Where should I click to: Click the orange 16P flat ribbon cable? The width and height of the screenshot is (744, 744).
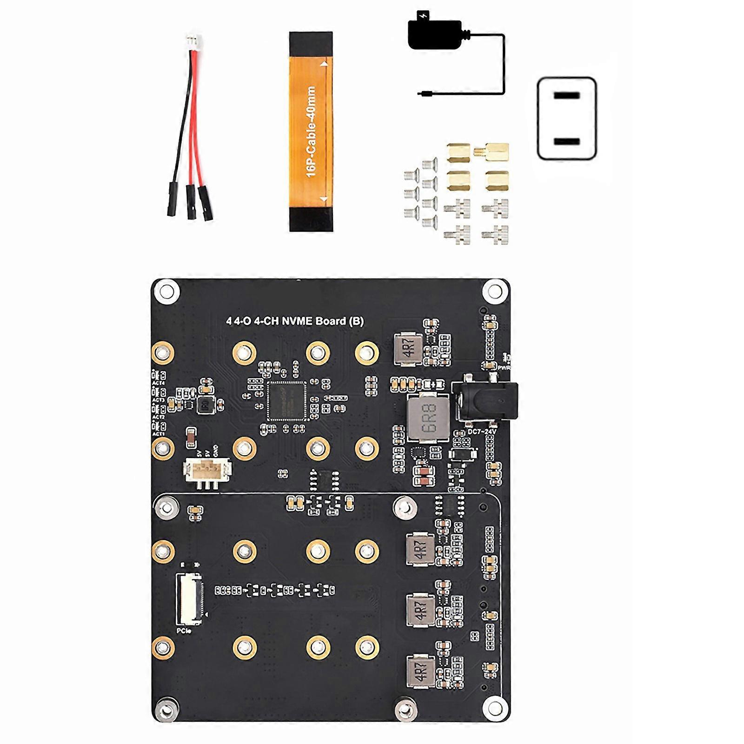311,131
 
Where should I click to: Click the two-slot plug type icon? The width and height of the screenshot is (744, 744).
567,119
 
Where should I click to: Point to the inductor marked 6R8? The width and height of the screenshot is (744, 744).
427,418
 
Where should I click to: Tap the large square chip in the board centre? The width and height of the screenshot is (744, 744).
286,401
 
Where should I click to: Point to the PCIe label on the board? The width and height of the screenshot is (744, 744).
184,631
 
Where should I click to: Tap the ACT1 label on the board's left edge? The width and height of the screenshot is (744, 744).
159,434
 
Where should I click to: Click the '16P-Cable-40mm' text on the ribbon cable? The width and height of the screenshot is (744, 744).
311,132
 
